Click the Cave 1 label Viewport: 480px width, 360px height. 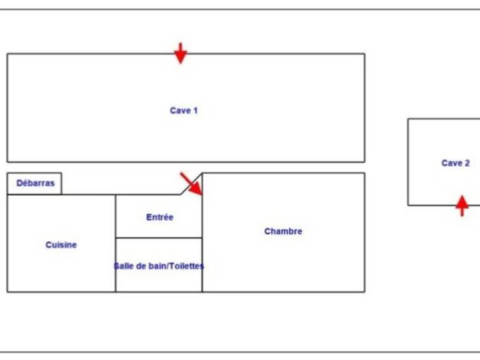(184, 111)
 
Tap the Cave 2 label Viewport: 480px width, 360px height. (456, 163)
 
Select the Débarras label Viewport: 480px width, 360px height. (36, 183)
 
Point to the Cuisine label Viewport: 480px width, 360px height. (61, 245)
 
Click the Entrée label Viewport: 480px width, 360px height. (160, 217)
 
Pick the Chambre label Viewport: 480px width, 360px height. (283, 231)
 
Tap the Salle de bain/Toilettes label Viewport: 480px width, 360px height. (159, 266)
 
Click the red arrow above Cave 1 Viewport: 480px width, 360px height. (181, 53)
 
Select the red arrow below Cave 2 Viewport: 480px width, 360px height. (462, 206)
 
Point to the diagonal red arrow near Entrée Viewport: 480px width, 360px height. (191, 184)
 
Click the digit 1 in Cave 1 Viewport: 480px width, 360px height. (195, 111)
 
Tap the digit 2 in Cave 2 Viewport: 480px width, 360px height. (467, 163)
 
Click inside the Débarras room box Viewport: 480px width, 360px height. (34, 184)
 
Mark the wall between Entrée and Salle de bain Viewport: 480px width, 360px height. (159, 237)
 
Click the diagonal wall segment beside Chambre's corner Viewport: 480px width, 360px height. (191, 184)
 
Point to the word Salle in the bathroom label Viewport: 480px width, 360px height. (122, 266)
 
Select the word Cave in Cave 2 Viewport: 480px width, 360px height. (451, 163)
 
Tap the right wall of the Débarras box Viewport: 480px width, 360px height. (61, 184)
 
